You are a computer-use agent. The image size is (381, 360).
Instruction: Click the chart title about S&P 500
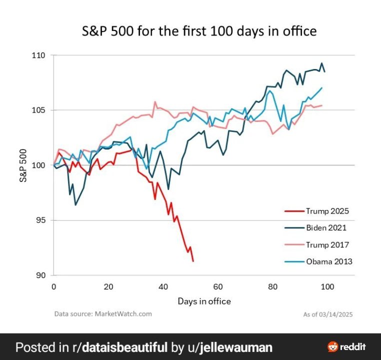pyautogui.click(x=199, y=31)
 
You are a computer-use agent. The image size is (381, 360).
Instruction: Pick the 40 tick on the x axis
pyautogui.click(x=163, y=287)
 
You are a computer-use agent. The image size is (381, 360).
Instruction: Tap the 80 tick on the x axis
pyautogui.click(x=272, y=287)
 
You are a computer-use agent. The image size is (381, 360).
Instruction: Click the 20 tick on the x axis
pyautogui.click(x=108, y=287)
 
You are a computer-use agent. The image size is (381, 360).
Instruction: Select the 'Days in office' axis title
pyautogui.click(x=204, y=301)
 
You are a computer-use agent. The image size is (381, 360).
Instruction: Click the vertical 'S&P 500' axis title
pyautogui.click(x=23, y=164)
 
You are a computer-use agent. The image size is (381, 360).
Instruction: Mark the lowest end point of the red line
pyautogui.click(x=193, y=261)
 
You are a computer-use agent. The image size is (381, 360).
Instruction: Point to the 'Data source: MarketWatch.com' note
pyautogui.click(x=102, y=314)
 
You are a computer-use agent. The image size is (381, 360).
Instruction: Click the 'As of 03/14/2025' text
pyautogui.click(x=328, y=314)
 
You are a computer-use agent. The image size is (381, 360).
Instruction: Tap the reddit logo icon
pyautogui.click(x=332, y=346)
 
